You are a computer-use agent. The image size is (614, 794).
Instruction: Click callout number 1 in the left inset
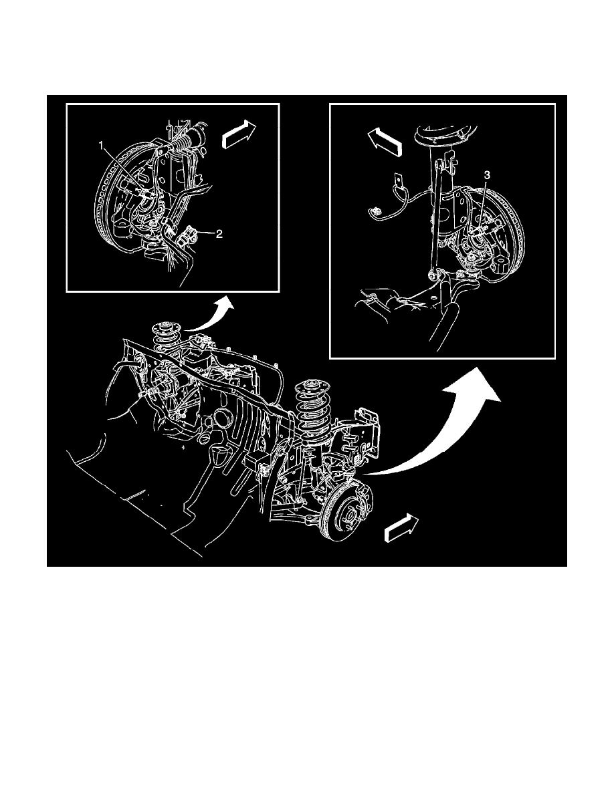[x=102, y=145]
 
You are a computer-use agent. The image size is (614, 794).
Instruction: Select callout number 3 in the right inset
[x=488, y=175]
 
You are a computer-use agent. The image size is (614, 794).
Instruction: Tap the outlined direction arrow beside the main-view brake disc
[x=401, y=529]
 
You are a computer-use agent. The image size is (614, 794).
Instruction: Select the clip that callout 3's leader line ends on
[x=478, y=230]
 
